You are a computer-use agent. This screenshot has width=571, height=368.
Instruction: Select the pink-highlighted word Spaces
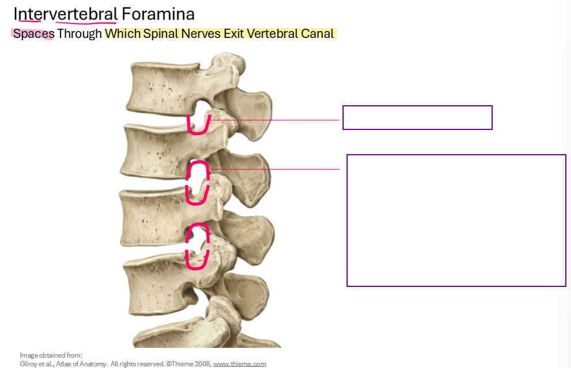(x=33, y=33)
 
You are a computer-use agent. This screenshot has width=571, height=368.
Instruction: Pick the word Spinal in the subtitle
(x=154, y=33)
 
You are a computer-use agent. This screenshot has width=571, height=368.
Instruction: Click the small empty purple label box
(x=417, y=117)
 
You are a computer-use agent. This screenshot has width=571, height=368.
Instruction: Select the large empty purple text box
(x=456, y=220)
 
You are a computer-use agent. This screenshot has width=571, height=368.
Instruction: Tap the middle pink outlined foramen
(x=197, y=183)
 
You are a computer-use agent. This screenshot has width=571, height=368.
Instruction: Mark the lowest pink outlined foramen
(x=197, y=246)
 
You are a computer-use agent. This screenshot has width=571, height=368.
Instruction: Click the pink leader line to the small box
(x=276, y=120)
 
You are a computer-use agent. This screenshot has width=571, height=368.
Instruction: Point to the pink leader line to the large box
(x=276, y=169)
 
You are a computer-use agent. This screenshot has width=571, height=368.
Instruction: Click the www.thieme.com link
(x=239, y=363)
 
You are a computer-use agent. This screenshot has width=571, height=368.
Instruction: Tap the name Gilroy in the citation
(x=29, y=363)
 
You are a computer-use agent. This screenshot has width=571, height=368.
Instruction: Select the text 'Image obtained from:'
(x=51, y=355)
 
